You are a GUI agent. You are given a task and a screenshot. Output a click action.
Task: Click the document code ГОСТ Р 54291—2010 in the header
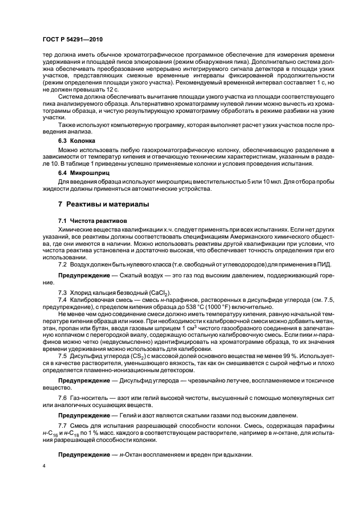pos(74,40)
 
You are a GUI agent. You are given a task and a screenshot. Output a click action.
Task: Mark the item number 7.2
pos(63,265)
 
